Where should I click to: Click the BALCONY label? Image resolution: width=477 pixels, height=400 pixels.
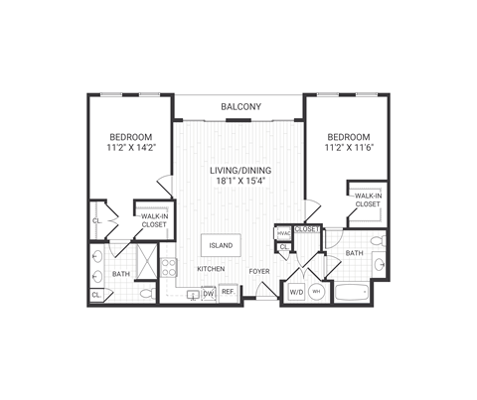pyautogui.click(x=239, y=106)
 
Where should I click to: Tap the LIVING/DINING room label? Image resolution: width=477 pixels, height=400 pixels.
pyautogui.click(x=239, y=170)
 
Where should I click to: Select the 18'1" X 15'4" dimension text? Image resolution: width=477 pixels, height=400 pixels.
pyautogui.click(x=239, y=183)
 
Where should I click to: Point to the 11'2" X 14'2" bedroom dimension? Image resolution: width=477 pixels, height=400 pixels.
pyautogui.click(x=131, y=149)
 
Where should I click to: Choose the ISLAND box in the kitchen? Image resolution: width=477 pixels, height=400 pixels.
pyautogui.click(x=220, y=245)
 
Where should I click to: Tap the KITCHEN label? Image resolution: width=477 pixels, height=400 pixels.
pyautogui.click(x=210, y=269)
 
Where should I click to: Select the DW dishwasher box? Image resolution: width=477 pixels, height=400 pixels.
pyautogui.click(x=209, y=293)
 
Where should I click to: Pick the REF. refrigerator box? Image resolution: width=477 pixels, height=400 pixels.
pyautogui.click(x=228, y=292)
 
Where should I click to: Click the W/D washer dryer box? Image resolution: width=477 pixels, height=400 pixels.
pyautogui.click(x=296, y=293)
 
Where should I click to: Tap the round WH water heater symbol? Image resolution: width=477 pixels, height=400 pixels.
pyautogui.click(x=316, y=293)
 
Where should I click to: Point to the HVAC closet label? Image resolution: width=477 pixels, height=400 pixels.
pyautogui.click(x=283, y=233)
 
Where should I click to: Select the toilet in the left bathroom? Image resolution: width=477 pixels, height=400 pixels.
pyautogui.click(x=147, y=293)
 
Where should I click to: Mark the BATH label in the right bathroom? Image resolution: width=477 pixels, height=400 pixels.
pyautogui.click(x=355, y=253)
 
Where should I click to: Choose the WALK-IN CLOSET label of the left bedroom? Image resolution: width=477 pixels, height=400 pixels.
pyautogui.click(x=152, y=219)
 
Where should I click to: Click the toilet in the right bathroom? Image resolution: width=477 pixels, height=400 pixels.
pyautogui.click(x=377, y=241)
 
